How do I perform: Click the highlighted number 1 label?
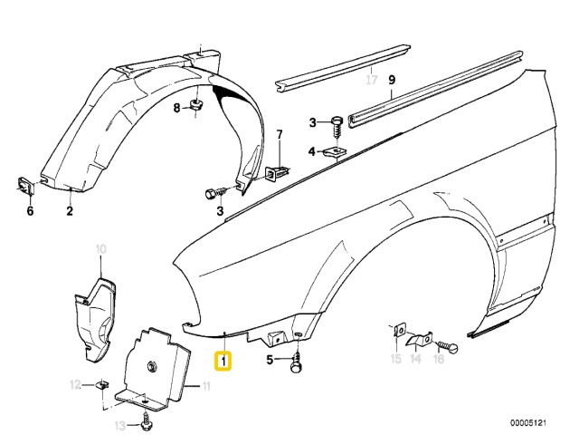(223, 361)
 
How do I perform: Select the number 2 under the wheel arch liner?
(70, 211)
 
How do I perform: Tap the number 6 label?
(30, 211)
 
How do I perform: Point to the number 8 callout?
(177, 108)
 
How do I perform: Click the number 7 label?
(280, 135)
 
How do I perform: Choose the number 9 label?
(392, 80)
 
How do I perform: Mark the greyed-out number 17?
(372, 80)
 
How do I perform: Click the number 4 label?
(312, 151)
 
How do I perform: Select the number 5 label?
(270, 360)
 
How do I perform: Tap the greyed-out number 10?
(101, 249)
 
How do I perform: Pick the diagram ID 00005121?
(528, 422)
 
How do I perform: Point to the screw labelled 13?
(147, 420)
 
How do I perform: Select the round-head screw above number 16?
(448, 347)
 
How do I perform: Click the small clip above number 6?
(25, 185)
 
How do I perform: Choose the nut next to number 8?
(196, 104)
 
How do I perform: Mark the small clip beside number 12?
(102, 384)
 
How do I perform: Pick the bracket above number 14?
(420, 338)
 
